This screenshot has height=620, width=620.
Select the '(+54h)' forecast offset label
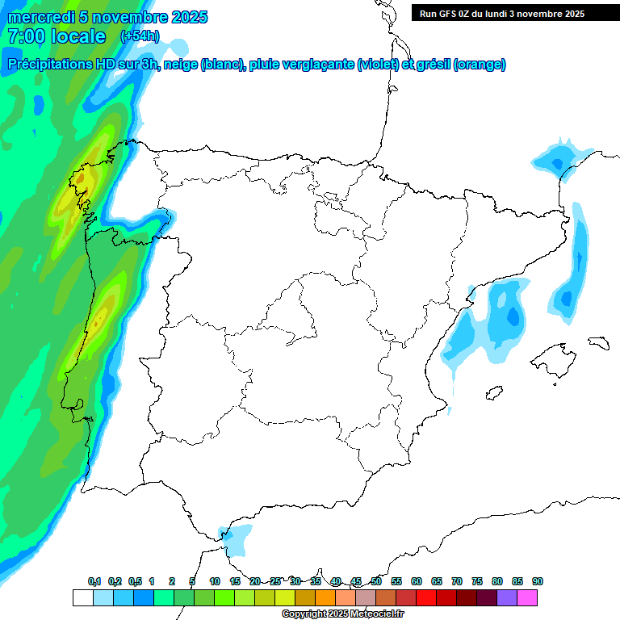click(140, 36)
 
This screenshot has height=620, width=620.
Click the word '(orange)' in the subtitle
click(480, 65)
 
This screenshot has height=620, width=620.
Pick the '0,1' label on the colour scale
click(94, 582)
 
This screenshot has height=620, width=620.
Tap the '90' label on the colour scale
click(538, 582)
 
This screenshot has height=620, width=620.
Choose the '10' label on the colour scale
click(215, 582)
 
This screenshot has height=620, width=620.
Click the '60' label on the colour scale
click(417, 582)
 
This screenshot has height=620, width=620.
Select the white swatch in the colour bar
click(82, 597)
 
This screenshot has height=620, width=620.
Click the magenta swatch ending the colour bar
click(527, 597)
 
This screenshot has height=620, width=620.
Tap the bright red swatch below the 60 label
click(426, 597)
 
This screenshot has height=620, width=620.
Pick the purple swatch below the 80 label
click(507, 597)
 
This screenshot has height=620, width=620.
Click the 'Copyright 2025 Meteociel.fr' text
click(342, 614)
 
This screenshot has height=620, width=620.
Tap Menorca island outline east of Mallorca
click(597, 342)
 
